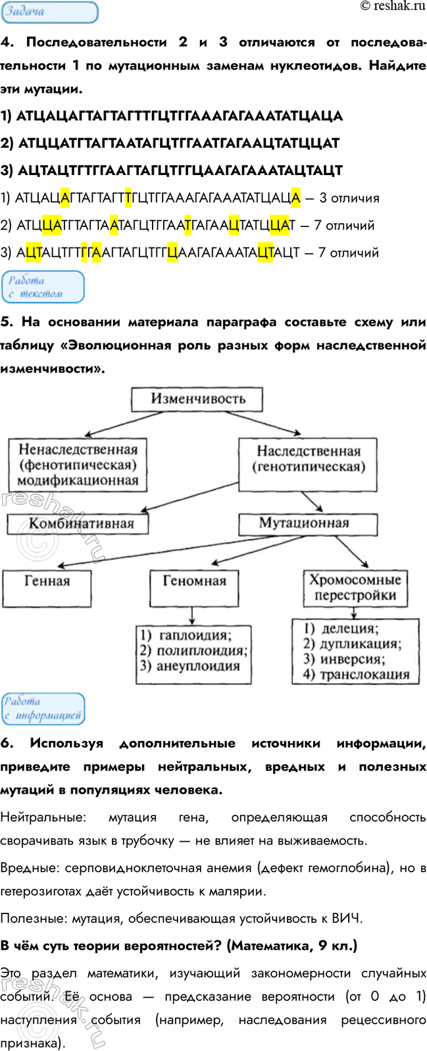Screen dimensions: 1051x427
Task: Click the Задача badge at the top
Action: tap(49, 12)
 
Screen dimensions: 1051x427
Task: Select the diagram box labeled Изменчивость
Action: tap(197, 399)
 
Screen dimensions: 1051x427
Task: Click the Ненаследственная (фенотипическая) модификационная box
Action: tap(78, 465)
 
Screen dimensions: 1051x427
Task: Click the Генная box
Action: tap(47, 582)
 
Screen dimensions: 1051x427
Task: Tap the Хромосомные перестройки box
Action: tap(355, 588)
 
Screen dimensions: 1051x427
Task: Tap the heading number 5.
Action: tap(7, 322)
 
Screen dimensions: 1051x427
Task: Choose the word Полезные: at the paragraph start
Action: tap(34, 919)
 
